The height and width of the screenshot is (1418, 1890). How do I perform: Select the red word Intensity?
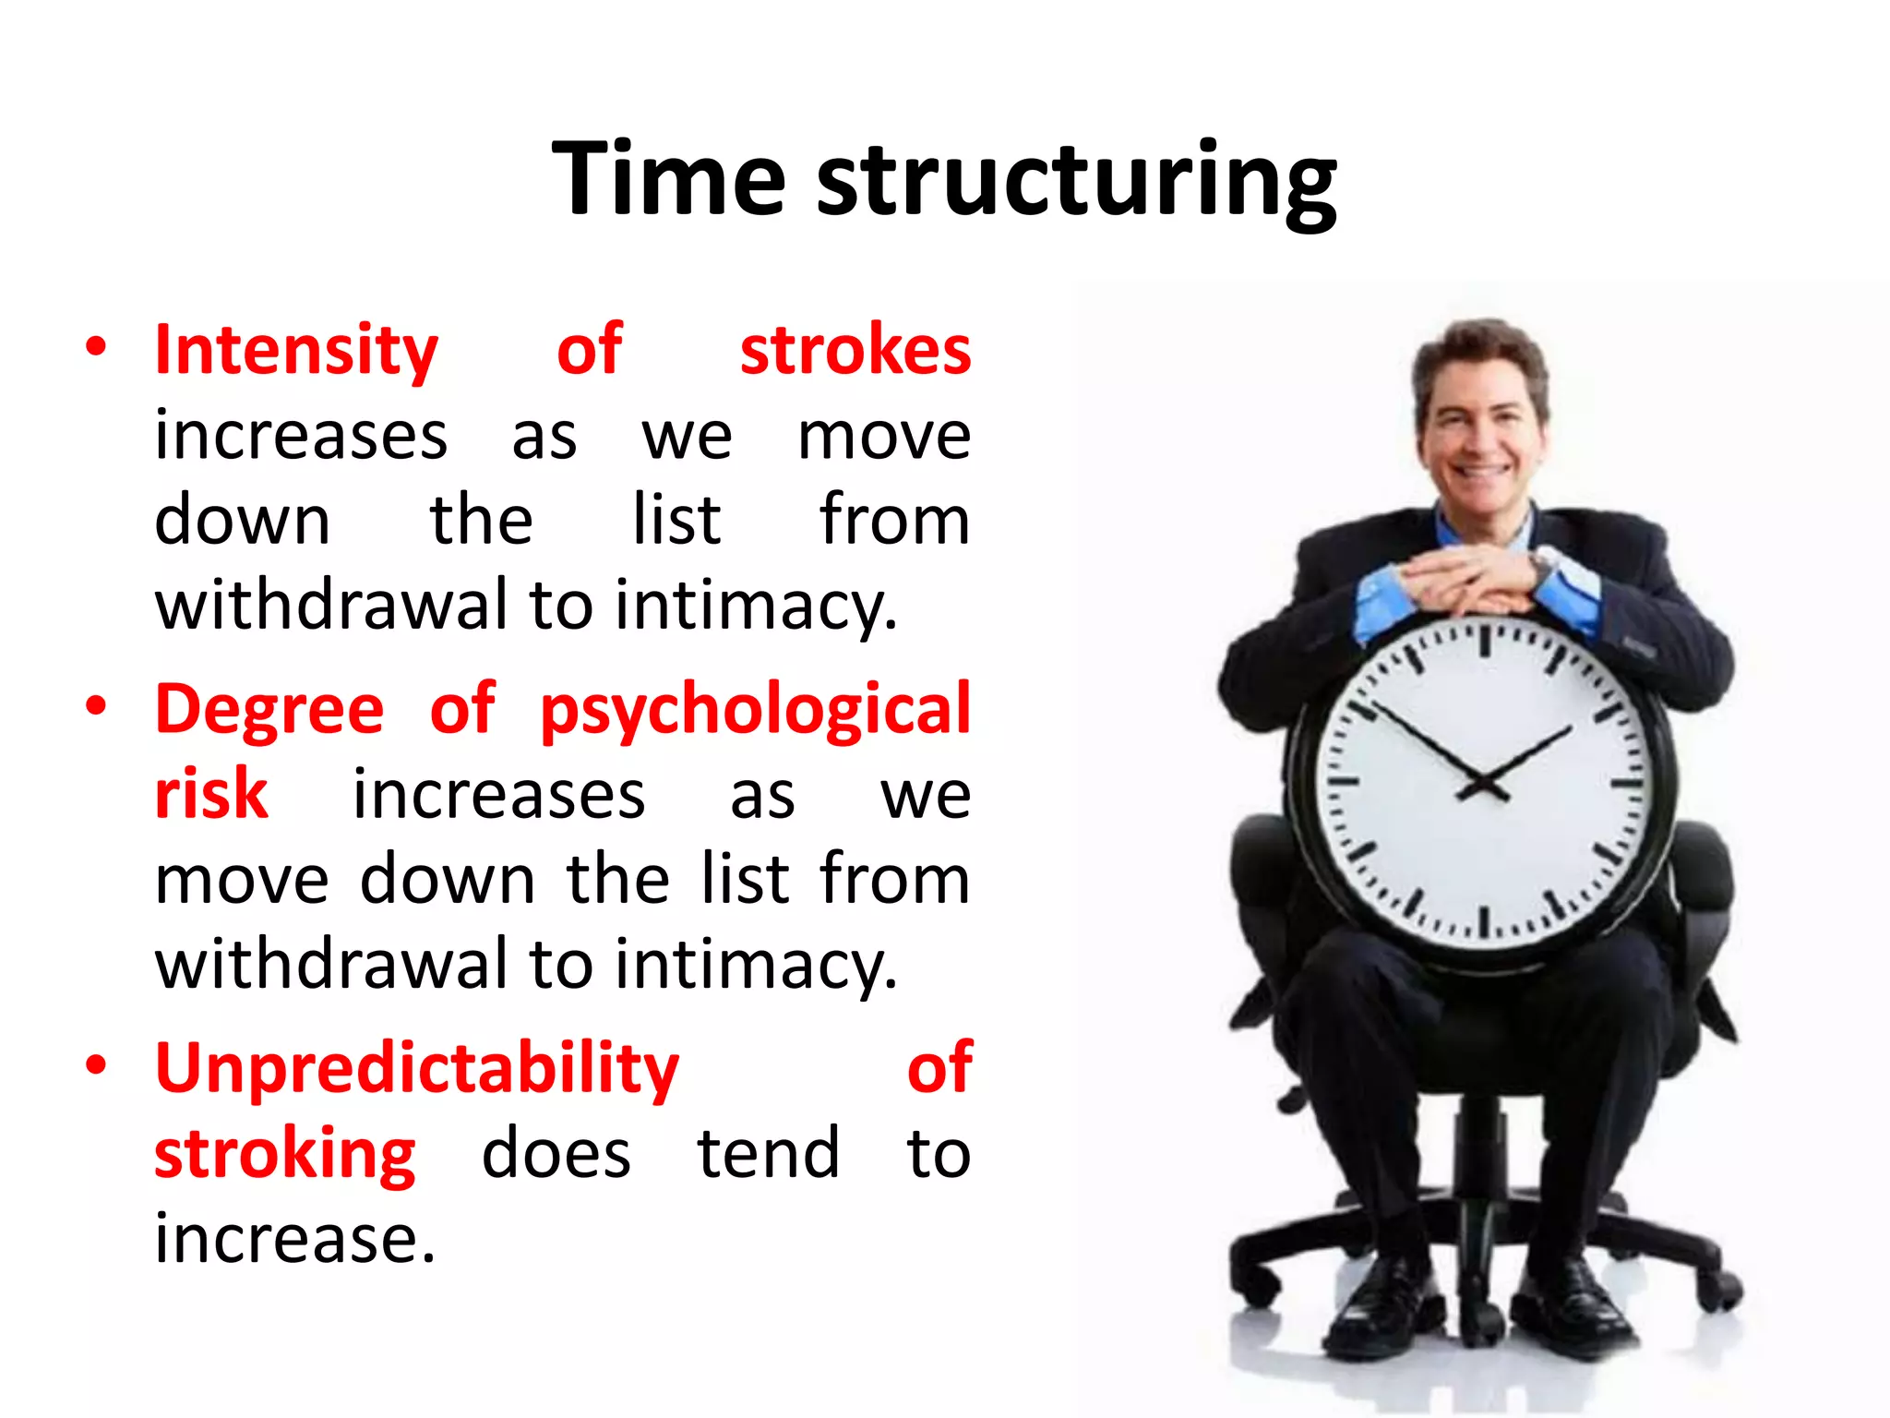296,351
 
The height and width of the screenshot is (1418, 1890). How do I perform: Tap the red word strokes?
855,351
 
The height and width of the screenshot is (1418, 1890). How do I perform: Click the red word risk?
211,794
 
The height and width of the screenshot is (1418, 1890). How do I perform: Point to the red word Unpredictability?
417,1069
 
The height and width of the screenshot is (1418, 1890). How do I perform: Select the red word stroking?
285,1154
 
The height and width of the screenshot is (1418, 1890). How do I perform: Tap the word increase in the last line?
294,1239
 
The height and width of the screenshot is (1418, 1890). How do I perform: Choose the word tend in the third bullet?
768,1154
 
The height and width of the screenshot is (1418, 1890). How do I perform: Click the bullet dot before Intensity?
95,348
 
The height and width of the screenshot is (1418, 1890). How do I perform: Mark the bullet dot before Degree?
95,707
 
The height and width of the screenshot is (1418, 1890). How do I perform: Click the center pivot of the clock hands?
1483,783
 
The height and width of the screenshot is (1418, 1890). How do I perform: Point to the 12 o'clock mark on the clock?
1485,640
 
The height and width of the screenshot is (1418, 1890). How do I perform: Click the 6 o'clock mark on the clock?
1485,923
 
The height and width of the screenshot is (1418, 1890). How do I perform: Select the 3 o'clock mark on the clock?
1627,784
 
